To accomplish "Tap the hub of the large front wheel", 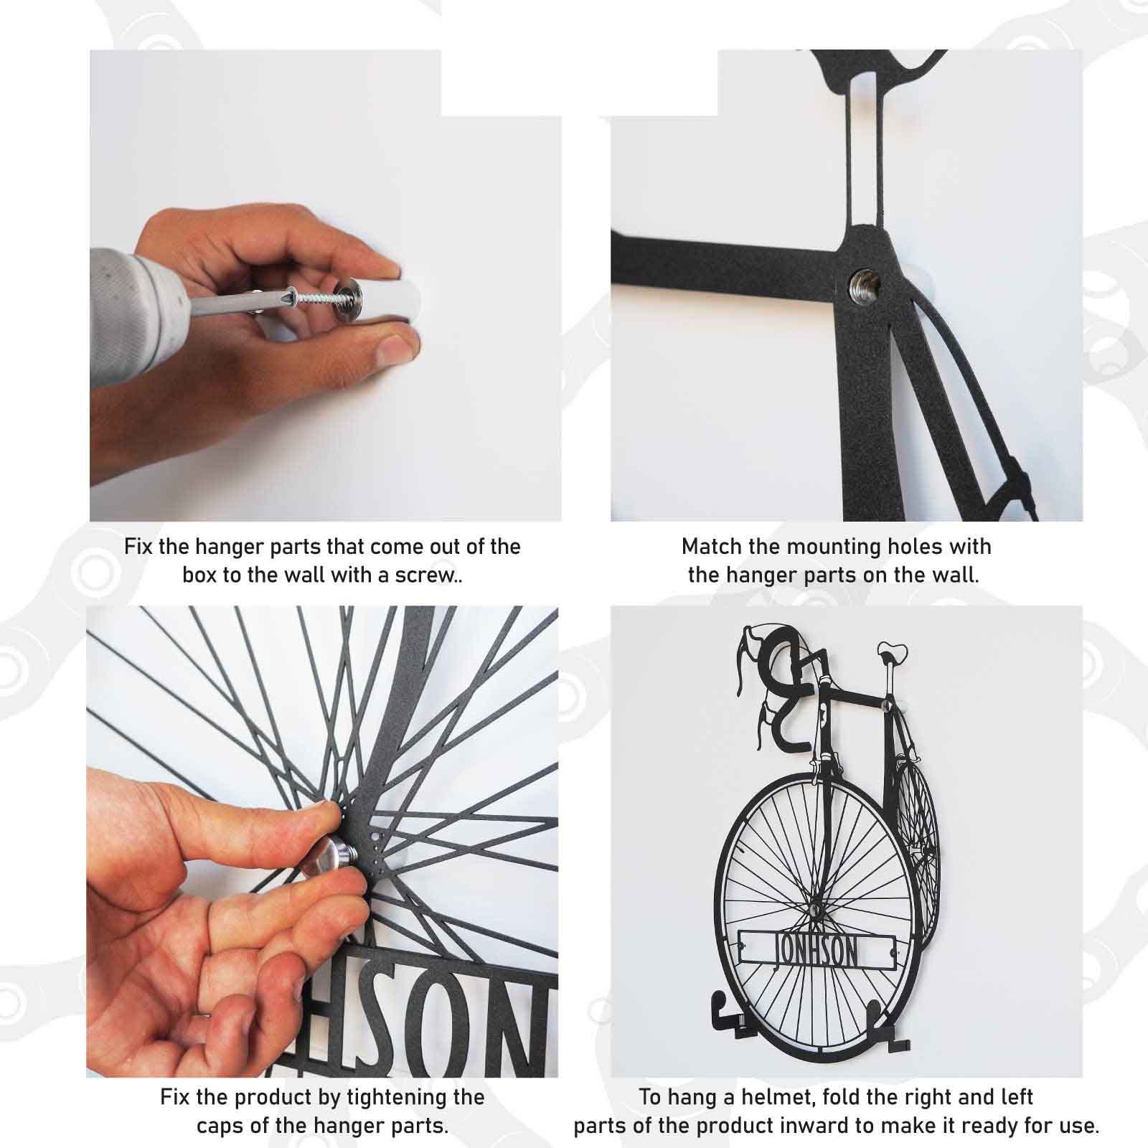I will pos(816,908).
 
